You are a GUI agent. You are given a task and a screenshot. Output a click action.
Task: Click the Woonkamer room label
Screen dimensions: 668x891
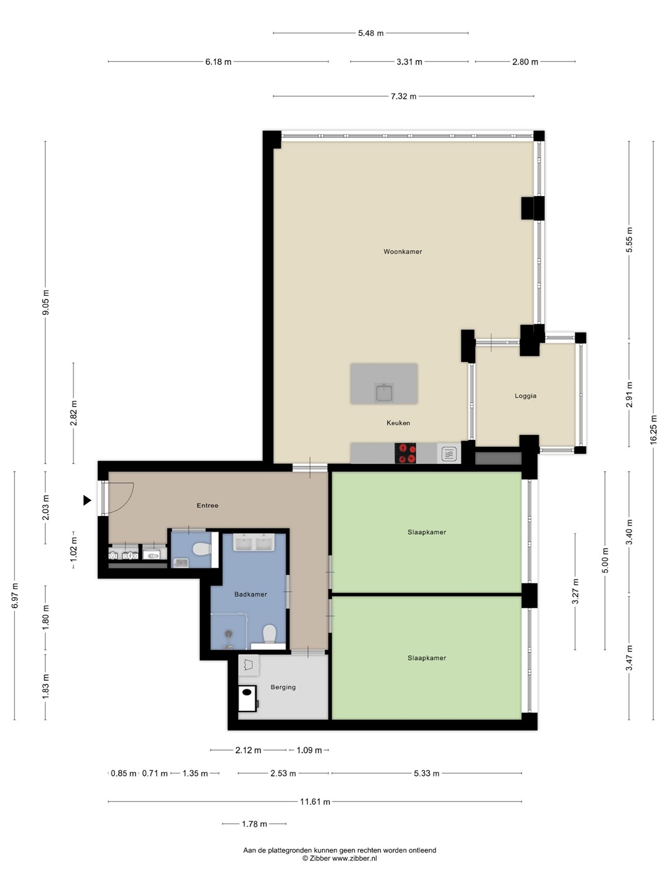402,252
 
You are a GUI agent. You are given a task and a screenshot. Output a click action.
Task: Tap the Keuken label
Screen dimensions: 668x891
398,423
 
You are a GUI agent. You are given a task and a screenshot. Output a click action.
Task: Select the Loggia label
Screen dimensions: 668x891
525,396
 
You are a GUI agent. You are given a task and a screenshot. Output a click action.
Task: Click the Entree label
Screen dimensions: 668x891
207,506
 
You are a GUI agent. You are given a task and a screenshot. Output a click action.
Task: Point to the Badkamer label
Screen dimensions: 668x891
250,594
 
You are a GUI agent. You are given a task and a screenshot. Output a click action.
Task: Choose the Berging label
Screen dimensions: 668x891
283,687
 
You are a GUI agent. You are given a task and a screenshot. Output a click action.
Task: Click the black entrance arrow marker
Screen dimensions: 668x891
87,501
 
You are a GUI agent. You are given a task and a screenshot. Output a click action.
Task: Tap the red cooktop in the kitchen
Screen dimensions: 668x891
405,453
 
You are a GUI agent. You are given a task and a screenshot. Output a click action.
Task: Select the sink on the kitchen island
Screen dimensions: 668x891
383,392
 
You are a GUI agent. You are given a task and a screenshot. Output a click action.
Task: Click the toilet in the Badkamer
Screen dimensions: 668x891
269,634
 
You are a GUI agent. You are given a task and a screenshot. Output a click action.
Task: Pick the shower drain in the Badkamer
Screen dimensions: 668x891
229,634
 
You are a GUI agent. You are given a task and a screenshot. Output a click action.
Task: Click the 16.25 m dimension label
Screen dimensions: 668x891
653,430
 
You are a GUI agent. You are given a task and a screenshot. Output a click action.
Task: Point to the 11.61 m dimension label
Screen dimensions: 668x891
315,802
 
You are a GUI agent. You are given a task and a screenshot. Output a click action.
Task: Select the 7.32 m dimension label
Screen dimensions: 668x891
403,97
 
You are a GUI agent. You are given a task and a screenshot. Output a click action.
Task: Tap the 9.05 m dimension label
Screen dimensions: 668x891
45,301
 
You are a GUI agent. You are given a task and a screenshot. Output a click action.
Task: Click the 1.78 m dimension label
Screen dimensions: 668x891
254,824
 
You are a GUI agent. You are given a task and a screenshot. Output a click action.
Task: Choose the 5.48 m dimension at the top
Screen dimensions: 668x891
370,33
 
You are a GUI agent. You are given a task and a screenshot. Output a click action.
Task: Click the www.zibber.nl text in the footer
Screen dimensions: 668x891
354,858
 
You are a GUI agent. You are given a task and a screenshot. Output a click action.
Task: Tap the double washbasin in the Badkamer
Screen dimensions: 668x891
254,542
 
